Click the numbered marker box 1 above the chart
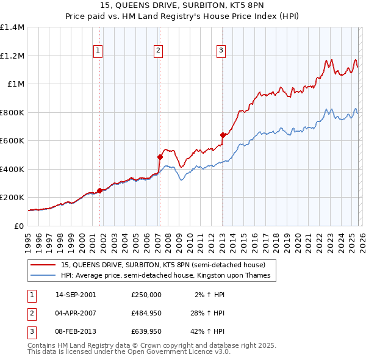98,51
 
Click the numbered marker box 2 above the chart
158,51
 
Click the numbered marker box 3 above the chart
221,51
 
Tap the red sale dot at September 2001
99,190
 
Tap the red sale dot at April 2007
160,157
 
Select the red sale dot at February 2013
223,135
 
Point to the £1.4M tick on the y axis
12,27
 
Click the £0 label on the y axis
18,226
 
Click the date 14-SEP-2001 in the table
76,294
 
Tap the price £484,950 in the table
146,313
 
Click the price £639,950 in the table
146,332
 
